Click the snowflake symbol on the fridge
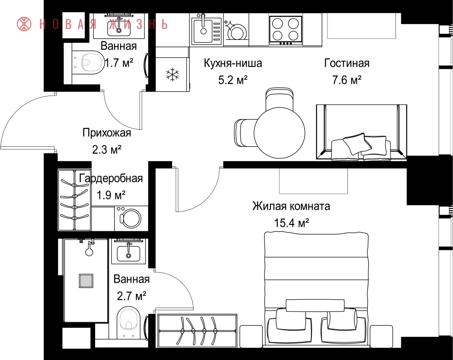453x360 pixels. coord(172,75)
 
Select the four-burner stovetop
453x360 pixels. coord(286,30)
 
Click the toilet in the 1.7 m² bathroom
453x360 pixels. coord(88,62)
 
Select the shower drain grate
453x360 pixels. coord(86,281)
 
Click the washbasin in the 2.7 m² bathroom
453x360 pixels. coord(128,253)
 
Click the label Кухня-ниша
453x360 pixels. coord(233,63)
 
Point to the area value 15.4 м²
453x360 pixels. coord(291,223)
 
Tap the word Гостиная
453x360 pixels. coord(347,63)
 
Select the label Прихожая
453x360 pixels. coord(106,133)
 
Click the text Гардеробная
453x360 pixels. coord(111,178)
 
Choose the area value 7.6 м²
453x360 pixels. coord(347,80)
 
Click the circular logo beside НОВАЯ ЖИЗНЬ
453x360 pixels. coord(24,24)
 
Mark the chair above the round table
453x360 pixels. coord(280,98)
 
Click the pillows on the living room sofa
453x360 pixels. coord(361,147)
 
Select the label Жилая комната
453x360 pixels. coord(291,206)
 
